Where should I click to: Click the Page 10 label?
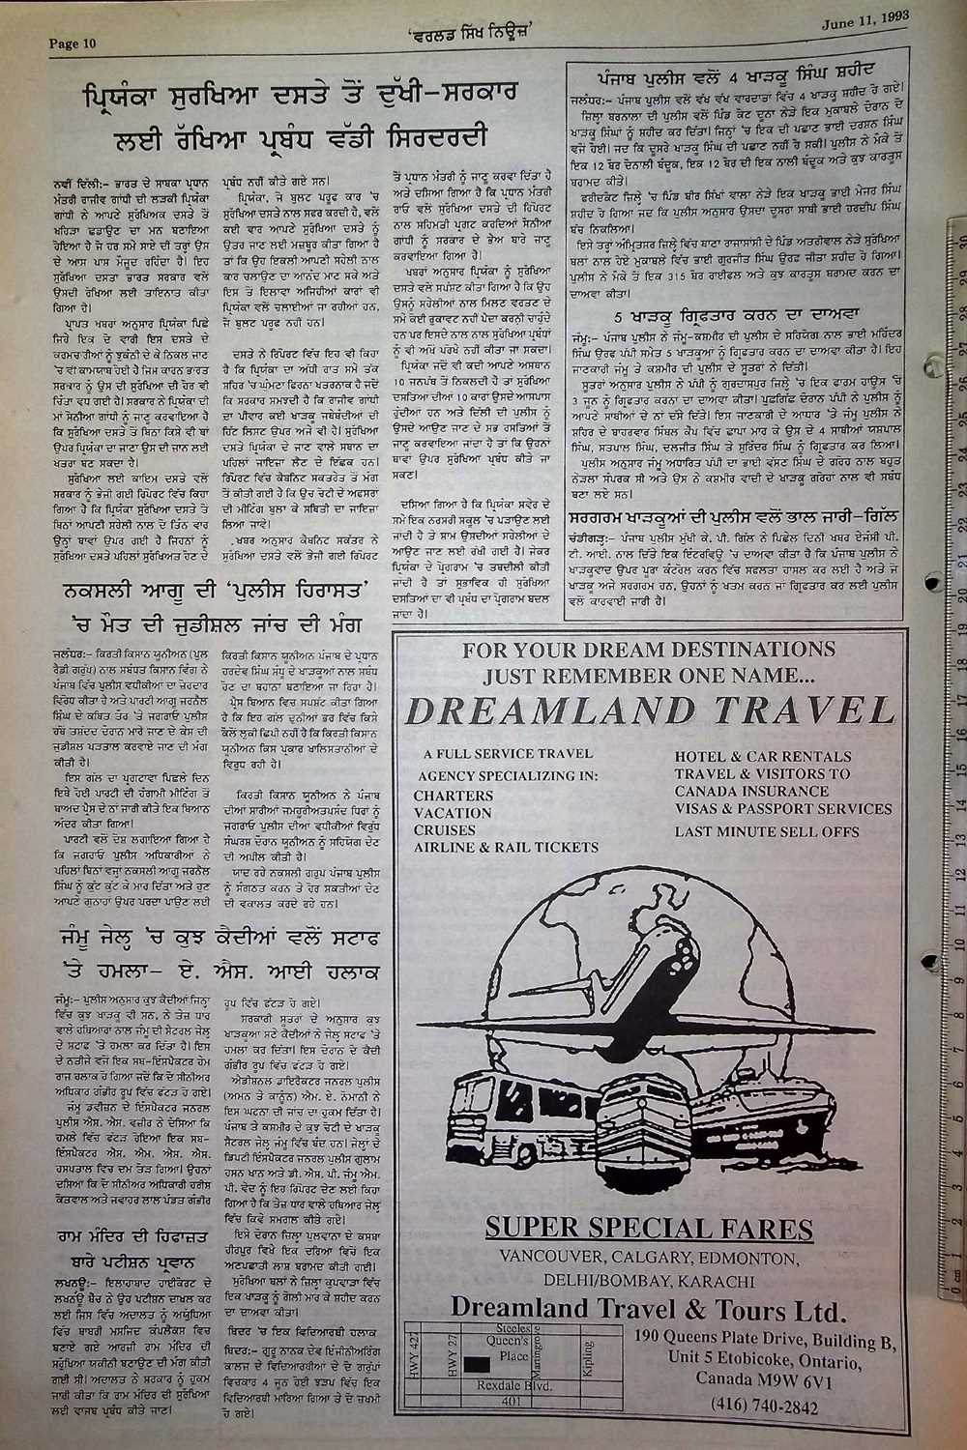pos(73,43)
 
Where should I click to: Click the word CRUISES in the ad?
pos(444,829)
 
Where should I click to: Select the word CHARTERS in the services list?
pos(453,796)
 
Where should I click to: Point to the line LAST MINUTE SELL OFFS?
pos(780,830)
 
